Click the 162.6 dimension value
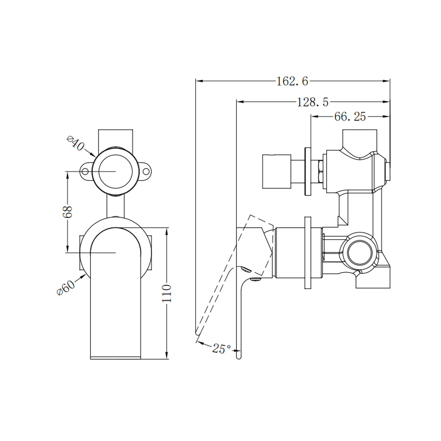pos(292,81)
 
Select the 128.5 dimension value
pos(313,102)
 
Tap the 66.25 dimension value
pos(350,117)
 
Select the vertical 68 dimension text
pos(68,212)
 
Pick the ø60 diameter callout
pos(66,286)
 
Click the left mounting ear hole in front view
pos(85,172)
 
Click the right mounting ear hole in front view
pos(146,172)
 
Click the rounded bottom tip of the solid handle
pos(239,355)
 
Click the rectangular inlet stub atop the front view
pos(115,137)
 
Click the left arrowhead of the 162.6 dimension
pos(198,81)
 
